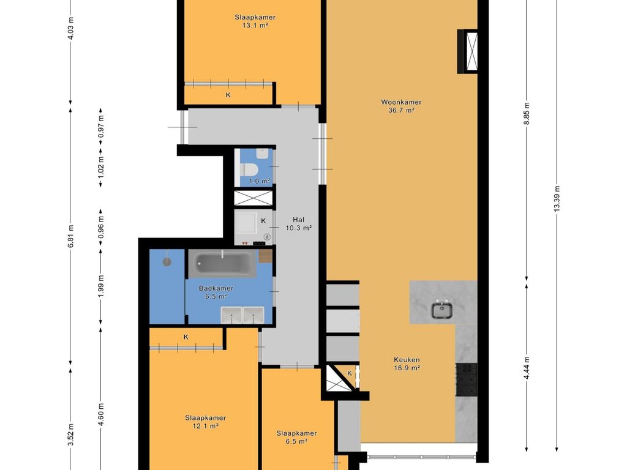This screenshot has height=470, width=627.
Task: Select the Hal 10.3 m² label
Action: click(298, 224)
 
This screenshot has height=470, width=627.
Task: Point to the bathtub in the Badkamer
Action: click(222, 263)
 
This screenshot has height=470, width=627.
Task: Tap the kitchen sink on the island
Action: click(441, 310)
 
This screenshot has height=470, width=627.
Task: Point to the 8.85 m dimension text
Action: click(527, 113)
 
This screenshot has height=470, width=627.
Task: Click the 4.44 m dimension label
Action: click(527, 367)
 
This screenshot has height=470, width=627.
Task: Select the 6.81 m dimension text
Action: click(71, 236)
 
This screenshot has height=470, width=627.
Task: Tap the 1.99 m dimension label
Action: click(101, 286)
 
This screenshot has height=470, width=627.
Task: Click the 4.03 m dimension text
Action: click(71, 28)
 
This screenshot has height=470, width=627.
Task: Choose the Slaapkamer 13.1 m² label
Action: click(255, 21)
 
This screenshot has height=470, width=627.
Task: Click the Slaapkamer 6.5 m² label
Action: click(297, 437)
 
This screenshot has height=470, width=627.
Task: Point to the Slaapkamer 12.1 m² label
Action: click(205, 422)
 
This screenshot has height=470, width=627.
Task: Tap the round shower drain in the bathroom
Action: click(167, 262)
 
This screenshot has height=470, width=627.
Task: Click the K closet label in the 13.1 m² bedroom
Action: click(228, 95)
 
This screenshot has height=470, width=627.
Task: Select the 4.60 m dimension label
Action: click(101, 414)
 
